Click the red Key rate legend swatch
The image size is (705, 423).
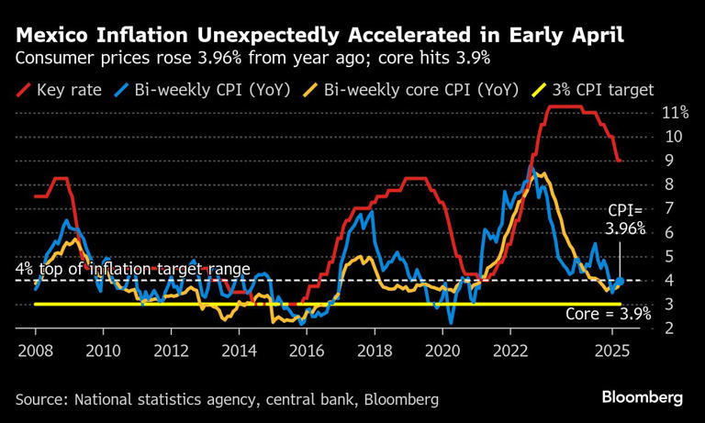click(x=20, y=89)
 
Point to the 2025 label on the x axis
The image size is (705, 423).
click(x=612, y=351)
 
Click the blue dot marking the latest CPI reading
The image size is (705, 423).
click(x=620, y=281)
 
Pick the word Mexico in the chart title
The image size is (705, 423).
click(x=55, y=38)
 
